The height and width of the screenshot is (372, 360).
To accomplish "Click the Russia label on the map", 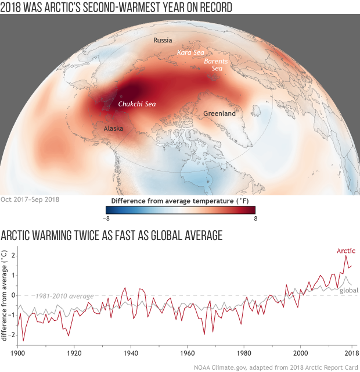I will pos(163,40).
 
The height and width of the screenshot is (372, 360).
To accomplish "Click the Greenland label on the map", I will pos(219,114).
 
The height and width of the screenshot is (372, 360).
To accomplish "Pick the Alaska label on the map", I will pos(113,128).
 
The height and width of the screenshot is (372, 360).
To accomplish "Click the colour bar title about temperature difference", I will pos(180,200).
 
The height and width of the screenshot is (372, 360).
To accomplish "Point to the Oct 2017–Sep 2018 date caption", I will pos(31,199).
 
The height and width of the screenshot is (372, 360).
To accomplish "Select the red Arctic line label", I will pos(346,251).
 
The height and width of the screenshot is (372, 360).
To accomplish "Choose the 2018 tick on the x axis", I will pos(351,353).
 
